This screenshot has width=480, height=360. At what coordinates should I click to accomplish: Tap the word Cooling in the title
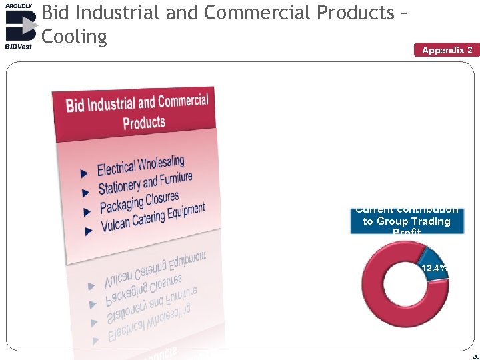(74, 37)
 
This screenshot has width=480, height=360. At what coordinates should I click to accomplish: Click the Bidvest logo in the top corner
(19, 26)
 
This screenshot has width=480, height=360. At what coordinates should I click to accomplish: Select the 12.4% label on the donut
(433, 269)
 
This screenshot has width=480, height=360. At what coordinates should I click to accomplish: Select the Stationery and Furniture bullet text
(145, 183)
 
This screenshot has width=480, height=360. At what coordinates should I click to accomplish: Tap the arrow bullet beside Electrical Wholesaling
(84, 173)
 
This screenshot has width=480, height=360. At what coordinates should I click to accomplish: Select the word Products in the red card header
(144, 123)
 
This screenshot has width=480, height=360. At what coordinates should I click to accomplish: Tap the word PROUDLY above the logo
(18, 5)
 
